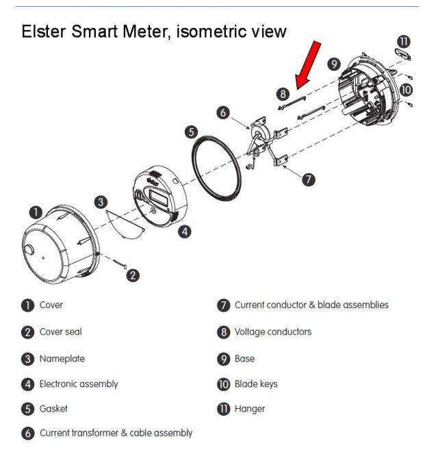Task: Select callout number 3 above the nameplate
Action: (101, 202)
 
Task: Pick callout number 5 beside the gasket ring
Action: (192, 131)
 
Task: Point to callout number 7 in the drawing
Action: (309, 179)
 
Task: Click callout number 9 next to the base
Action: (335, 64)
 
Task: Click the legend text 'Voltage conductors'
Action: (272, 332)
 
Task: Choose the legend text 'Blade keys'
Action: (256, 384)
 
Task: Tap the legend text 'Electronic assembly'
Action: (78, 384)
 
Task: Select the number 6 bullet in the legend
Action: (27, 434)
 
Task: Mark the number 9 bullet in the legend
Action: (223, 358)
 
